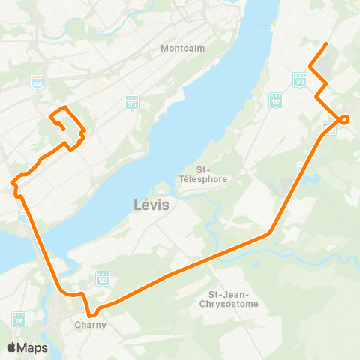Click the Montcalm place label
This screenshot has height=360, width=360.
pos(178,49)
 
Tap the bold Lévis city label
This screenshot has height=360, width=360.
pos(152,204)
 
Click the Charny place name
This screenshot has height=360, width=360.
pos(90,325)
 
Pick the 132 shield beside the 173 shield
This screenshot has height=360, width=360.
pos(276,98)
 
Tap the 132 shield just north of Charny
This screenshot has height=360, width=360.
pos(103,278)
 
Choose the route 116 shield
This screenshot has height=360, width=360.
pos(19,319)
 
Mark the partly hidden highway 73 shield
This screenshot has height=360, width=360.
pos(23,216)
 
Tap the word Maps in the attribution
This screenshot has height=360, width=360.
pos(34,347)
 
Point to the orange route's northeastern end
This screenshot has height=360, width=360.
pos(327,45)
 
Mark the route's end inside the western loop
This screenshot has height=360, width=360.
pos(61,128)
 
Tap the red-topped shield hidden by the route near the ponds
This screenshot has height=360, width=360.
pos(301,166)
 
